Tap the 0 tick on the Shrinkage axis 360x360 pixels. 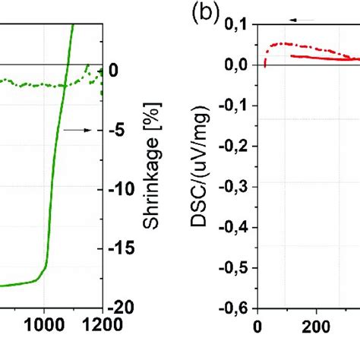coord(114,71)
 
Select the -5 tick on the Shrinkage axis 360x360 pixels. coord(118,130)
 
